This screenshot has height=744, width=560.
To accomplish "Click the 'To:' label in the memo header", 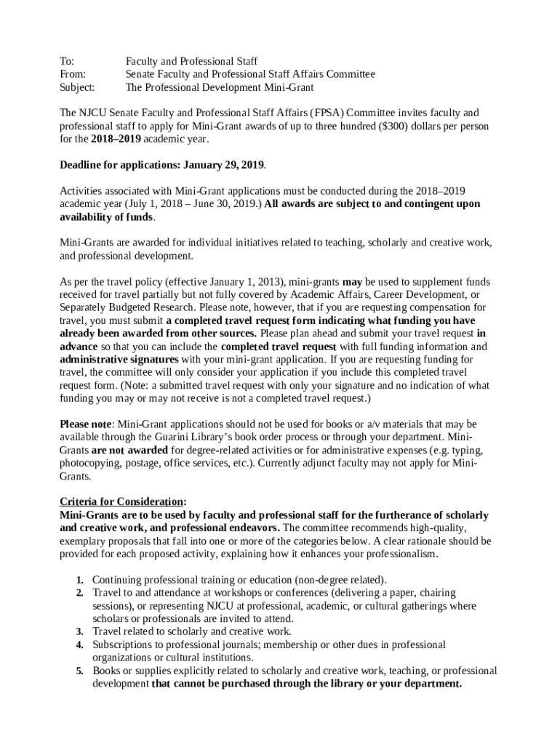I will [x=66, y=61].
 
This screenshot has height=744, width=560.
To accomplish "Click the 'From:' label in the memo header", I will [x=72, y=74].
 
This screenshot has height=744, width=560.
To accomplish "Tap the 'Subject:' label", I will [x=76, y=87].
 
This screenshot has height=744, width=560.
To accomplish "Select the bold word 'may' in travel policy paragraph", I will [x=352, y=282].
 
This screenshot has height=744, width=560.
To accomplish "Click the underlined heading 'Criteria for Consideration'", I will [x=121, y=502].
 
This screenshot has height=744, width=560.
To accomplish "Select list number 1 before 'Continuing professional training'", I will [x=79, y=581].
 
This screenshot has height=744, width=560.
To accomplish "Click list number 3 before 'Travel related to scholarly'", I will [x=79, y=632].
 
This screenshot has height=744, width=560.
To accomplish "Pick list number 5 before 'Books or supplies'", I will [x=79, y=671].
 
